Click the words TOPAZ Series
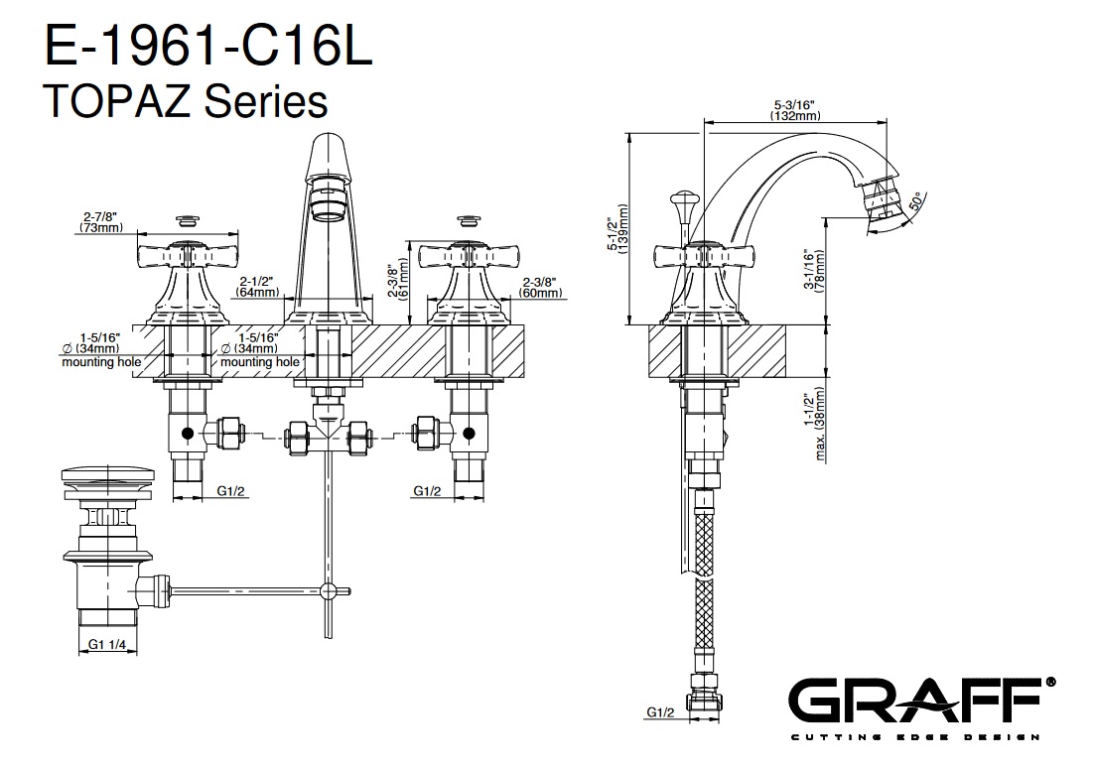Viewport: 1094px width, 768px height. pyautogui.click(x=186, y=101)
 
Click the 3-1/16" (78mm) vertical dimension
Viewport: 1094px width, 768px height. pyautogui.click(x=814, y=270)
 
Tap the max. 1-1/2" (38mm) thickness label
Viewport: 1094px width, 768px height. pyautogui.click(x=815, y=424)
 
